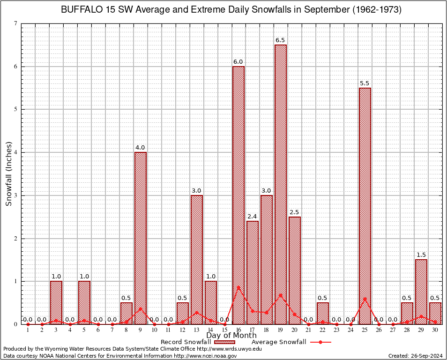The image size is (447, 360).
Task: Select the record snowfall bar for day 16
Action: coord(238,195)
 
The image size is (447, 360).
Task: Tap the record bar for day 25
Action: coord(365,206)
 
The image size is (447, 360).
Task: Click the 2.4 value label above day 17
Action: coord(253,216)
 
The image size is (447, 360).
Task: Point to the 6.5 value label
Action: coord(281,40)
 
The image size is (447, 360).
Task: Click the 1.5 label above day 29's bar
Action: coord(421,255)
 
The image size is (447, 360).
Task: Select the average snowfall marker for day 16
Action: coord(238,287)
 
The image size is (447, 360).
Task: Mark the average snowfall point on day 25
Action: coord(365,299)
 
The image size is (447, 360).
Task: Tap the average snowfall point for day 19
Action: coord(281,295)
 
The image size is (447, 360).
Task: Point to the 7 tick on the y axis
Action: coord(16,23)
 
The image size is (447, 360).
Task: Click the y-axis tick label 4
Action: coord(16,152)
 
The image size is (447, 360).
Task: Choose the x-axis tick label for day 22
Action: coord(323,330)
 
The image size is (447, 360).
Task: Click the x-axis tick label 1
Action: coord(28,330)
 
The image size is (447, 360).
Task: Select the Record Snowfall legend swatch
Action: coord(224,342)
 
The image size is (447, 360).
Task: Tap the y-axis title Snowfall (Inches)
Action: coord(9,174)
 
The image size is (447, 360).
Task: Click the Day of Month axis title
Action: coord(231,336)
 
